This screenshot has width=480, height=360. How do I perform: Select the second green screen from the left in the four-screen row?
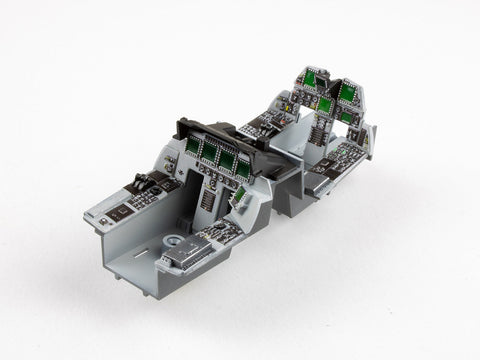pos(210,153)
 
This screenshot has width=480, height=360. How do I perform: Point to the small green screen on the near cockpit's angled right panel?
pos(239,198)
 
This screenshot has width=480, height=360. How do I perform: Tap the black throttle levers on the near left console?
pos(142,183)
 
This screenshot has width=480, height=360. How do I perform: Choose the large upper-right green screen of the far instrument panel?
pos(347,93)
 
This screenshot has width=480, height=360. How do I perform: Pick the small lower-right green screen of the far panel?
pos(345,117)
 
